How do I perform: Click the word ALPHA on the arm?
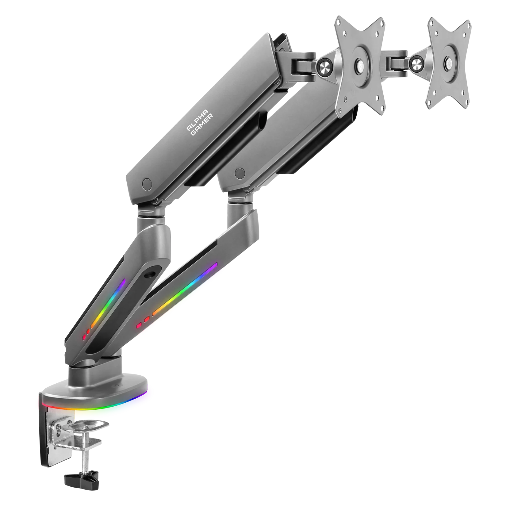(x=197, y=120)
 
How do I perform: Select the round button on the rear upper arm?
(x=240, y=174)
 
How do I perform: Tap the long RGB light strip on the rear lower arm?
(x=185, y=289)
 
